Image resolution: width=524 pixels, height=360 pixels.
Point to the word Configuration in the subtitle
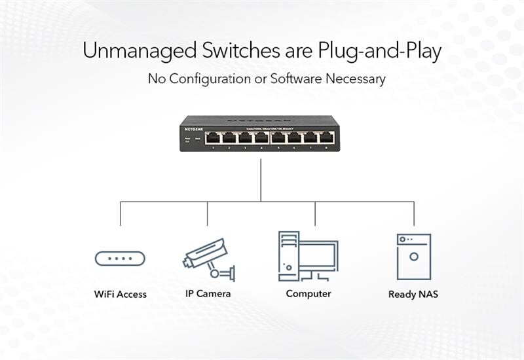click(x=210, y=79)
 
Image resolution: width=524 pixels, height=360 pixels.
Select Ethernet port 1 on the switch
click(x=212, y=138)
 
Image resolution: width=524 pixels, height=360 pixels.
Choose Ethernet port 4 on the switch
click(x=261, y=138)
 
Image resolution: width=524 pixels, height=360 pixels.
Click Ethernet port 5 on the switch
click(x=277, y=138)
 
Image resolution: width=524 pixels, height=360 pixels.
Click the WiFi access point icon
click(x=120, y=259)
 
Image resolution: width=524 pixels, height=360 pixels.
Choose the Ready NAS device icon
click(x=413, y=257)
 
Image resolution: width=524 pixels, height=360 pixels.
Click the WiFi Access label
click(x=121, y=295)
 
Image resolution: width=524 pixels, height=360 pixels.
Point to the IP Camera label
click(x=208, y=294)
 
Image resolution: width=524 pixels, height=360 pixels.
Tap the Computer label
click(x=309, y=294)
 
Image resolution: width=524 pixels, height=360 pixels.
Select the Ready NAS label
click(x=413, y=295)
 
